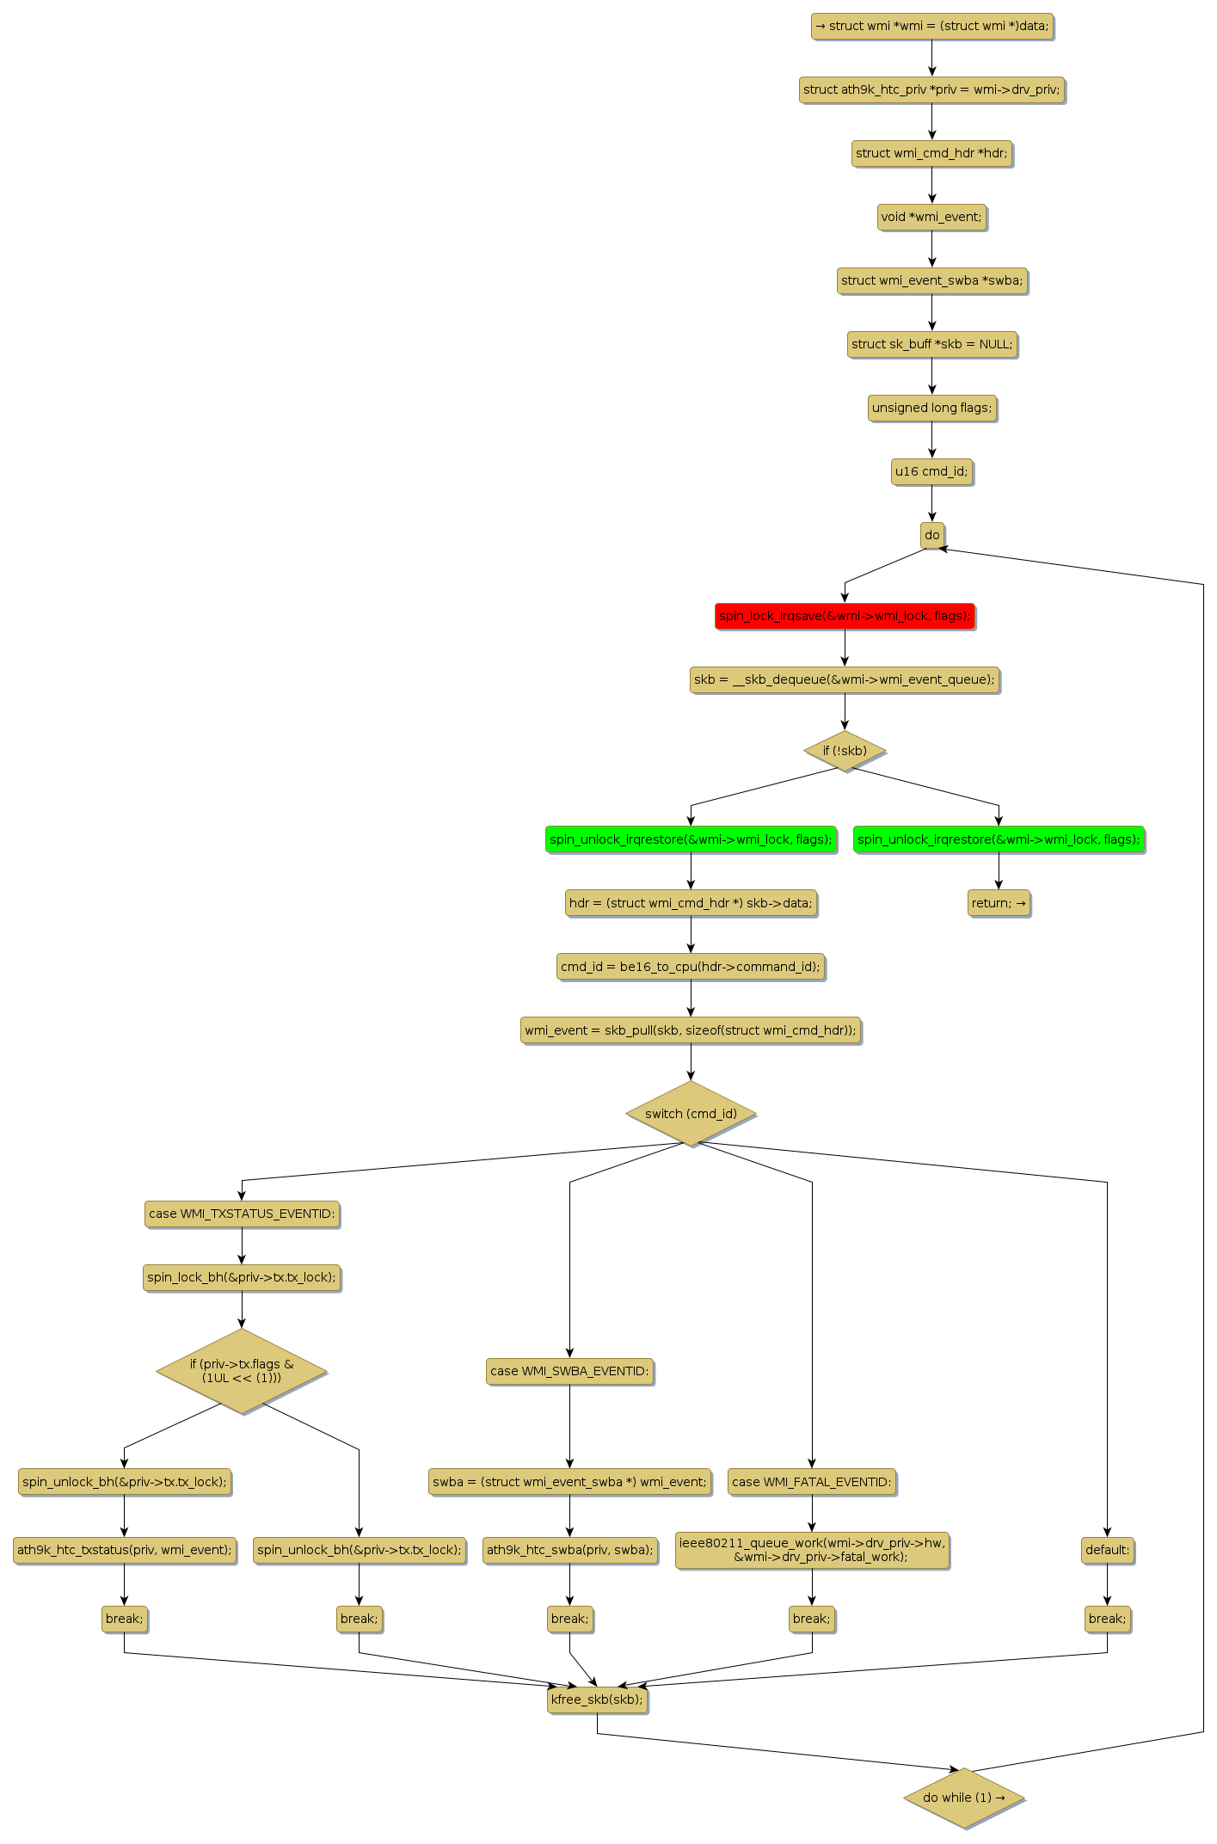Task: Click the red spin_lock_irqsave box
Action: pyautogui.click(x=845, y=616)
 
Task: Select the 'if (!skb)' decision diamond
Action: pyautogui.click(x=845, y=751)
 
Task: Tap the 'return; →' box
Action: pyautogui.click(x=999, y=903)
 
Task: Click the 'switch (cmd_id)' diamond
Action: pyautogui.click(x=691, y=1114)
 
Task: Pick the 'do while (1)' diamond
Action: pyautogui.click(x=963, y=1798)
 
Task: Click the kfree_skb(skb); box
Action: pyautogui.click(x=597, y=1700)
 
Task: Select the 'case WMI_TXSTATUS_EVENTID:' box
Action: pyautogui.click(x=242, y=1214)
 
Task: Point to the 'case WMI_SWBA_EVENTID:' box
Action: pyautogui.click(x=569, y=1371)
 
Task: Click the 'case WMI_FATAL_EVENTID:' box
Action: pyautogui.click(x=812, y=1482)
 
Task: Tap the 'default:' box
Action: pyautogui.click(x=1107, y=1550)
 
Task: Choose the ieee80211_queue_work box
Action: pyautogui.click(x=812, y=1550)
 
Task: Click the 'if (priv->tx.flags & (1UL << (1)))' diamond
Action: pyautogui.click(x=242, y=1371)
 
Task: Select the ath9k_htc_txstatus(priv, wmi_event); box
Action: pyautogui.click(x=125, y=1550)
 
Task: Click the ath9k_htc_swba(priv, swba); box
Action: pyautogui.click(x=569, y=1550)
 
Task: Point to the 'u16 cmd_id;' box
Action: pyautogui.click(x=931, y=471)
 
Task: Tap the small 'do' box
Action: pyautogui.click(x=931, y=535)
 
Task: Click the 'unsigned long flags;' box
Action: pyautogui.click(x=931, y=408)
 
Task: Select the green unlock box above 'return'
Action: pyautogui.click(x=999, y=839)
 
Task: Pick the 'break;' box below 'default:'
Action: pyautogui.click(x=1107, y=1619)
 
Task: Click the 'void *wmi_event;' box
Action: pyautogui.click(x=931, y=217)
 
